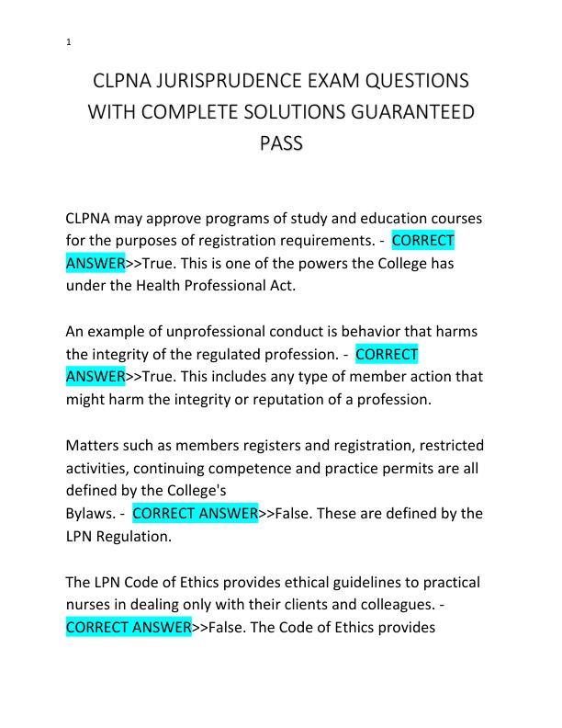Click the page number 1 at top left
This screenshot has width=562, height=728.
click(69, 42)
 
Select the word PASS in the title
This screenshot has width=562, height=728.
click(280, 145)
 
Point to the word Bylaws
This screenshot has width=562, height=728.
click(90, 513)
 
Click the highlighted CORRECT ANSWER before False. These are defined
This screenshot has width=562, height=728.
click(195, 513)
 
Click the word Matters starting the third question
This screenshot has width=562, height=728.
click(95, 446)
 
